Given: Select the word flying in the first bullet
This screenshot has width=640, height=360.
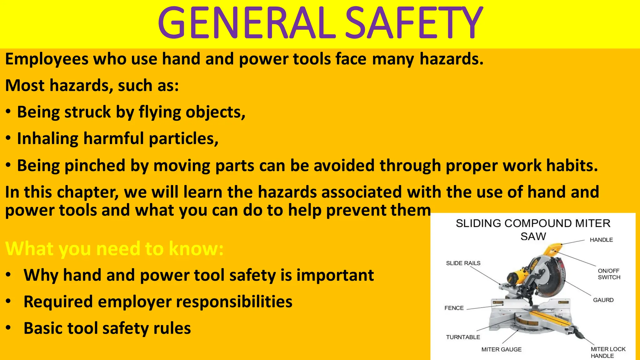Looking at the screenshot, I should (159, 112).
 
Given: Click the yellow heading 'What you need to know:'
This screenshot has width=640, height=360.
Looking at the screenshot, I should (114, 249).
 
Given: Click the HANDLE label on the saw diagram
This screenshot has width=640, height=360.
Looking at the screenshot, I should (601, 240).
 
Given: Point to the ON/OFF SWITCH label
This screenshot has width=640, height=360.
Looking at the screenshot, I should (609, 274).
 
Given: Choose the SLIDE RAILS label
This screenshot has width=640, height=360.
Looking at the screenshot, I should (463, 263).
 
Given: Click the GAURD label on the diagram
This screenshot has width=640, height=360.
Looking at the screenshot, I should (603, 300).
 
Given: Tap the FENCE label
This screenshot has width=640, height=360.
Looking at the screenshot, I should (454, 308).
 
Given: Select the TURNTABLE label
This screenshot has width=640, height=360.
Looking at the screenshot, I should (463, 337).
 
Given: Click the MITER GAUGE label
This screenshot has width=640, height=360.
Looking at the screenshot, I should (501, 349).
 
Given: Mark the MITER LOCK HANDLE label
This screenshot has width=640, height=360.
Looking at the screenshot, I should (608, 352).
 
